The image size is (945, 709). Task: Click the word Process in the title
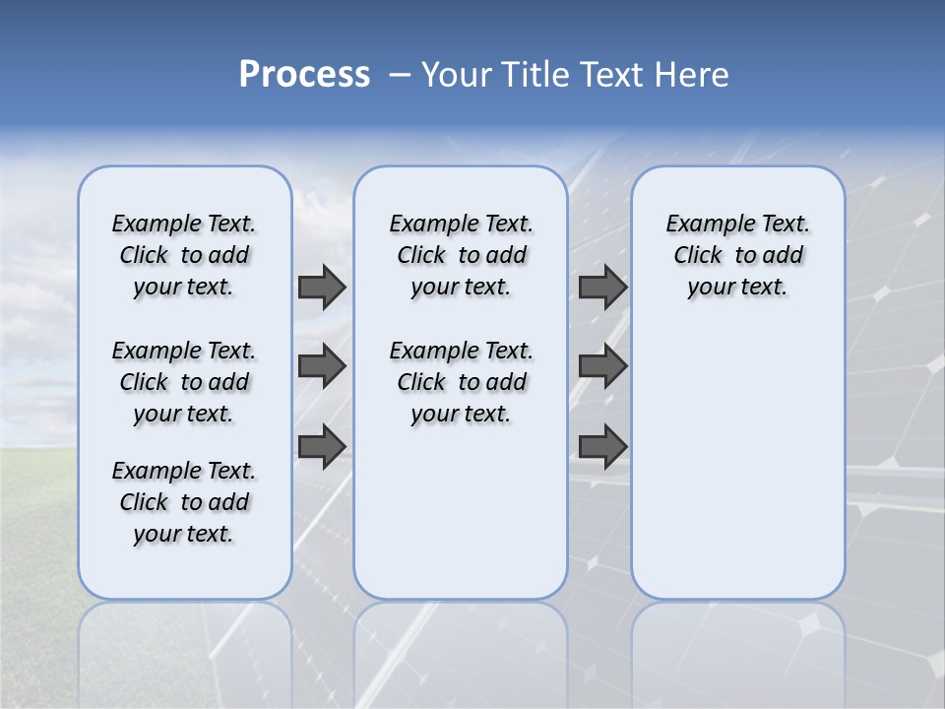304,75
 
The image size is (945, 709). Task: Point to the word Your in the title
458,75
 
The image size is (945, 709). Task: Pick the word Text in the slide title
611,75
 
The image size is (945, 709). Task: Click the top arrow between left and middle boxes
322,287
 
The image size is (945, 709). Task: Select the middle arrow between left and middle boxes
322,366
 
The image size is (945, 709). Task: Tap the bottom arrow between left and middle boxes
322,446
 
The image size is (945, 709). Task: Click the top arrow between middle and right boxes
602,287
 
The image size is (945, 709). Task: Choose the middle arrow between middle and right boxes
602,366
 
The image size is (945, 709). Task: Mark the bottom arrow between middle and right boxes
602,446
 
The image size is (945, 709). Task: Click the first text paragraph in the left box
184,255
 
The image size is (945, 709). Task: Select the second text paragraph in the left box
184,382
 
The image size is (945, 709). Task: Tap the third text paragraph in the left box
184,502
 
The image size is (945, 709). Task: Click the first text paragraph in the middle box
462,255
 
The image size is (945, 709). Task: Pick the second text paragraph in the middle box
462,382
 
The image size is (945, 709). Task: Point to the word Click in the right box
698,256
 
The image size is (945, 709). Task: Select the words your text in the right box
737,288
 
